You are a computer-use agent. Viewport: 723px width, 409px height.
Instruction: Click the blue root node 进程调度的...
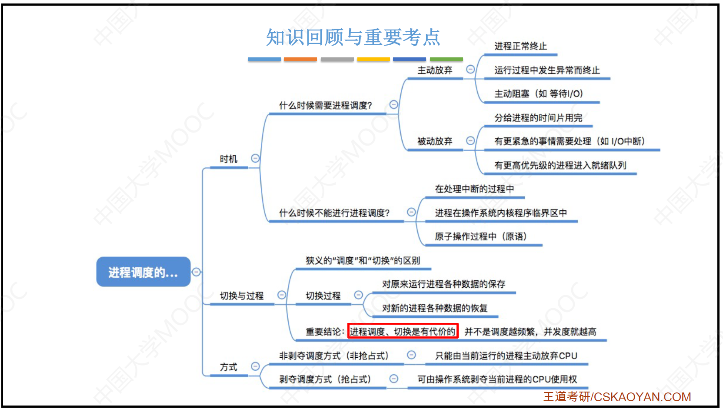pyautogui.click(x=143, y=272)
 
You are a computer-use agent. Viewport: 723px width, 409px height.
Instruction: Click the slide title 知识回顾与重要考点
pyautogui.click(x=353, y=37)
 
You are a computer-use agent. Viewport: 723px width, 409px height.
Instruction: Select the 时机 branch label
pyautogui.click(x=229, y=159)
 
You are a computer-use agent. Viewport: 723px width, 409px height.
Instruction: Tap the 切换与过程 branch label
pyautogui.click(x=242, y=296)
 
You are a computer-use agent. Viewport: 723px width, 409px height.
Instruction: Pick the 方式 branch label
pyautogui.click(x=229, y=367)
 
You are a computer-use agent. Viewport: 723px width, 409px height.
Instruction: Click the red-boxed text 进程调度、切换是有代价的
pyautogui.click(x=403, y=331)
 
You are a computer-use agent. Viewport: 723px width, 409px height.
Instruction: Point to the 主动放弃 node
pyautogui.click(x=435, y=70)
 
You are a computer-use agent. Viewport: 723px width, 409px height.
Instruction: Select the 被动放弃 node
pyautogui.click(x=435, y=141)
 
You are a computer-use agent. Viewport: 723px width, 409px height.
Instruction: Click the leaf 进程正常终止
pyautogui.click(x=521, y=46)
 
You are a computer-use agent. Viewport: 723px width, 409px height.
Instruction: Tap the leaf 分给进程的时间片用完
pyautogui.click(x=538, y=118)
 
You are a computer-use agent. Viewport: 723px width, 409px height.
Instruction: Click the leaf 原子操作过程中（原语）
pyautogui.click(x=480, y=236)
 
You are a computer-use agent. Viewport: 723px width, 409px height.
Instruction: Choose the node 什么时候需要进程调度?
pyautogui.click(x=325, y=105)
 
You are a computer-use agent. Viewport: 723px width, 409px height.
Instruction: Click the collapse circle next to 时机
pyautogui.click(x=255, y=158)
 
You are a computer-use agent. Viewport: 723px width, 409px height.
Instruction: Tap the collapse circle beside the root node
pyautogui.click(x=196, y=272)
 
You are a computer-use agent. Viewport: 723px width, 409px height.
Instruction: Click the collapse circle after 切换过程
pyautogui.click(x=358, y=295)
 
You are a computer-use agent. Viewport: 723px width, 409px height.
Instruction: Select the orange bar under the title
pyautogui.click(x=300, y=60)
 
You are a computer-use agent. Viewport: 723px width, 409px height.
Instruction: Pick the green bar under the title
pyautogui.click(x=446, y=60)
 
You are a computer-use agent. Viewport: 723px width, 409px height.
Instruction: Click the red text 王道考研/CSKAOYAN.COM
pyautogui.click(x=617, y=397)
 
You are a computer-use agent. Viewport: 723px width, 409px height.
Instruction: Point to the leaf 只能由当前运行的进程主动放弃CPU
pyautogui.click(x=506, y=356)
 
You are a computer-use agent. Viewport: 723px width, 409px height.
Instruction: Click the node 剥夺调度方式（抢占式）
pyautogui.click(x=325, y=379)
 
